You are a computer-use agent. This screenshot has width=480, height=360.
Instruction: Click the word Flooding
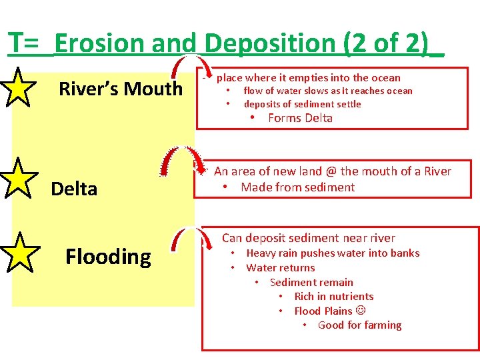[108, 257]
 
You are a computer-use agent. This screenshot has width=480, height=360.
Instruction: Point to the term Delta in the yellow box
[74, 189]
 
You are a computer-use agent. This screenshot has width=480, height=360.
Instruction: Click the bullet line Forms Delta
[300, 119]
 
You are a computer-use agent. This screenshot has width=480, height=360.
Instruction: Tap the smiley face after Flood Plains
[361, 311]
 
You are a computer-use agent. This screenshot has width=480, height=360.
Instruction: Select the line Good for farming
[359, 325]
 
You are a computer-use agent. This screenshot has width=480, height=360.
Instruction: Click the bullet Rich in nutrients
[333, 297]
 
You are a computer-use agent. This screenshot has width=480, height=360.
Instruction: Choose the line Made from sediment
[297, 187]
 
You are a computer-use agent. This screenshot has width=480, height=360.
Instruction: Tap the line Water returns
[280, 268]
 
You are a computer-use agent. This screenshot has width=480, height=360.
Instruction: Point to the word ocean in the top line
[385, 78]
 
